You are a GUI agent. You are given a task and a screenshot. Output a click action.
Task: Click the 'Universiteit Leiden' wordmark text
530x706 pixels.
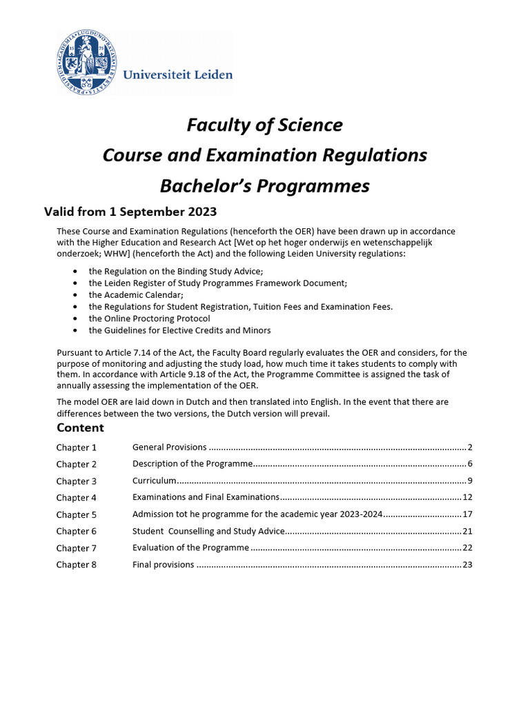pos(177,74)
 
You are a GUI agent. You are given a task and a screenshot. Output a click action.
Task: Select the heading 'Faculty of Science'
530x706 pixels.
pos(264,125)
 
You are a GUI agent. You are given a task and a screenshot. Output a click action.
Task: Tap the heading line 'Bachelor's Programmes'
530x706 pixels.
pos(264,186)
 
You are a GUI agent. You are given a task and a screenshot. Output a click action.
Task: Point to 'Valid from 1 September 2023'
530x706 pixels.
pos(130,212)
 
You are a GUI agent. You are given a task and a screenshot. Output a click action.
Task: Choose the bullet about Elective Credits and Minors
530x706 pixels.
pos(179,330)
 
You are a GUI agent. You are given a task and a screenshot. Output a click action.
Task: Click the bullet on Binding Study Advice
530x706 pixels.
pos(175,272)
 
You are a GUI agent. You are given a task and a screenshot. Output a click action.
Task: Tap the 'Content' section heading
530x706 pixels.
pos(80,428)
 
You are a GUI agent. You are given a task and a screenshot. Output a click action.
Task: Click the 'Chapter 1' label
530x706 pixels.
pos(77,447)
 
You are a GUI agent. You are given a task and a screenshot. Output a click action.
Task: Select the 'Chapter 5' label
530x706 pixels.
pos(77,514)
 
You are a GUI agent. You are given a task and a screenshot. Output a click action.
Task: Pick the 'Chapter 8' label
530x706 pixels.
pos(77,565)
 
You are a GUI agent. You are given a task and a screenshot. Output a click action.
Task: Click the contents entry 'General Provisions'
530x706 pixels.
pos(169,447)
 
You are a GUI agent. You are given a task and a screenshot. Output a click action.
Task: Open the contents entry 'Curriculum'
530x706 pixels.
pos(155,481)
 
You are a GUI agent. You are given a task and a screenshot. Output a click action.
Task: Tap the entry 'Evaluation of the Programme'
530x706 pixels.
pos(190,547)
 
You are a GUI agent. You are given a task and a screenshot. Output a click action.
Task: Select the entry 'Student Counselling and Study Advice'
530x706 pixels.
pos(208,531)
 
